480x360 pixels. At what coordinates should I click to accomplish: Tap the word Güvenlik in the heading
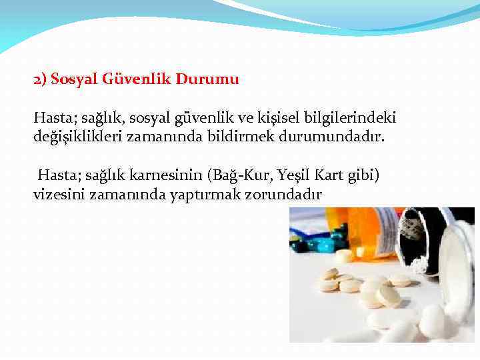click(137, 79)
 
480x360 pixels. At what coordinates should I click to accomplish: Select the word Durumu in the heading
click(207, 79)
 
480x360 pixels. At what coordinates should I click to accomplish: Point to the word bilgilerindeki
click(349, 118)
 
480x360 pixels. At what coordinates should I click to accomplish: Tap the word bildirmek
click(234, 137)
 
